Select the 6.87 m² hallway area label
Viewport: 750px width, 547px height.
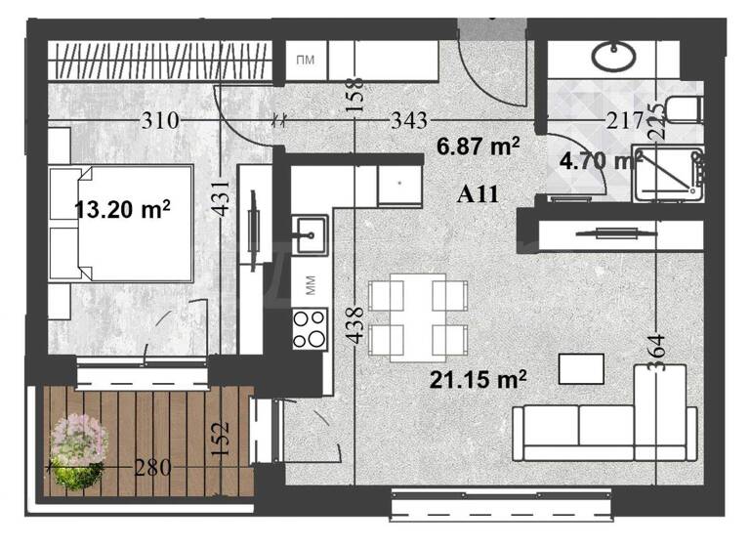point(479,147)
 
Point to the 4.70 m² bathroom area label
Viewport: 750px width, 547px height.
point(600,158)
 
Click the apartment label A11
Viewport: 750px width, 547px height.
point(479,193)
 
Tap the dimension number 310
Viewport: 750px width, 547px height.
point(159,121)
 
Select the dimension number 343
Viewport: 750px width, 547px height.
point(408,121)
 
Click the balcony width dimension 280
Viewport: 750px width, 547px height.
point(151,469)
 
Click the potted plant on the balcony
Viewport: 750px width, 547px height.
point(78,452)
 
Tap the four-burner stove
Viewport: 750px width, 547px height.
point(311,328)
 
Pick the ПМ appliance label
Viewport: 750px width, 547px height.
point(305,62)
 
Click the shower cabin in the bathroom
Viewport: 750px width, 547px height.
point(668,174)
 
